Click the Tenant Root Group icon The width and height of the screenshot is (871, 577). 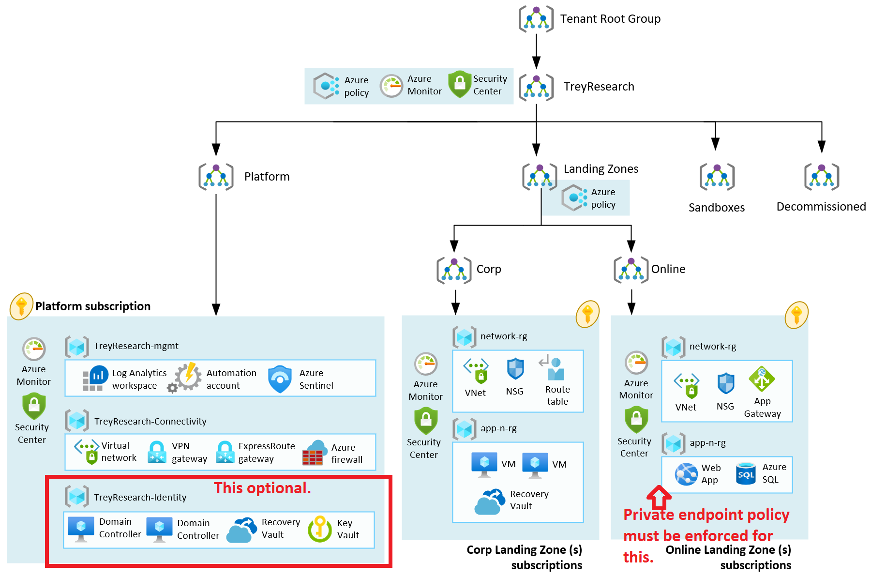(x=536, y=19)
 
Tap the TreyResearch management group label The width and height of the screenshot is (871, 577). (x=599, y=87)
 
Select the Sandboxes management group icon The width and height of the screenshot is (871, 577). (x=717, y=177)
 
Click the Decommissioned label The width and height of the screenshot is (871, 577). (x=821, y=207)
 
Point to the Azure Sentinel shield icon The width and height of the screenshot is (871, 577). (x=280, y=379)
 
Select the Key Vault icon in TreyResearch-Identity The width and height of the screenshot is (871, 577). (x=319, y=529)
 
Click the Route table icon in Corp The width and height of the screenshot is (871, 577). (x=552, y=368)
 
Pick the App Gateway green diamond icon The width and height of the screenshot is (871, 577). (x=762, y=379)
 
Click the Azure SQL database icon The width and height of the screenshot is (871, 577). (x=746, y=474)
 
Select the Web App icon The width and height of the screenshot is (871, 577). (x=686, y=474)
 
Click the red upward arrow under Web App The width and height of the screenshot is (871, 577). (x=659, y=497)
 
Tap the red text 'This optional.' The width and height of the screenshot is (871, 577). (x=262, y=488)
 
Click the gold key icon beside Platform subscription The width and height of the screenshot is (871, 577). (x=21, y=306)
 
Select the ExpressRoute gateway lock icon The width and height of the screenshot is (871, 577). (x=225, y=452)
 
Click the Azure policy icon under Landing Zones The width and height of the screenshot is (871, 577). (x=574, y=197)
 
